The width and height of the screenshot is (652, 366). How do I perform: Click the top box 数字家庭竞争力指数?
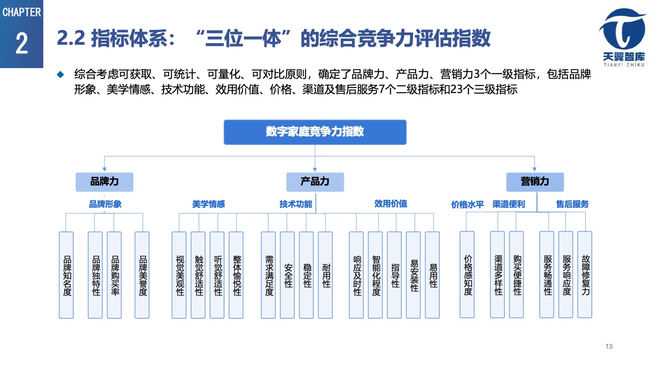click(x=315, y=132)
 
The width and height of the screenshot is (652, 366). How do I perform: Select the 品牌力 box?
click(x=104, y=182)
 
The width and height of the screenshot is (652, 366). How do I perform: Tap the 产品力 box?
click(x=315, y=182)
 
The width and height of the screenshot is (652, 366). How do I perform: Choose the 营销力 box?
click(x=535, y=182)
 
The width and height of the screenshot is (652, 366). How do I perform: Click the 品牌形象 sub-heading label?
click(x=105, y=204)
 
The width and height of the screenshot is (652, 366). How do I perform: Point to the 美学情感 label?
click(x=208, y=204)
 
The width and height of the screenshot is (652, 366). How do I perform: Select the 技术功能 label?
click(x=296, y=204)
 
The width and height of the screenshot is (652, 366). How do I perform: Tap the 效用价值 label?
click(x=391, y=204)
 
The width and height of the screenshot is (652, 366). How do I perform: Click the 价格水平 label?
click(x=468, y=204)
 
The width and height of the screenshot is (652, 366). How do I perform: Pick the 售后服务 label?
click(x=572, y=204)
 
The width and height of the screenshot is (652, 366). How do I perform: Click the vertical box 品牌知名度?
click(x=66, y=275)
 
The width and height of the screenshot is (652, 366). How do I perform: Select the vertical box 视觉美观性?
click(x=179, y=275)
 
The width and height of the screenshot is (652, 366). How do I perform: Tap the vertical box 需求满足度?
click(x=268, y=275)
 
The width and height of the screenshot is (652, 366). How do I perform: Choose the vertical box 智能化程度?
click(x=375, y=275)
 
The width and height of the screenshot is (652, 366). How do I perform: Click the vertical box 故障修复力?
click(x=585, y=275)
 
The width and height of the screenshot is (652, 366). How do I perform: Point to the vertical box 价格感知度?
click(x=467, y=275)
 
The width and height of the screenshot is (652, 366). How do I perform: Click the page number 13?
click(x=609, y=346)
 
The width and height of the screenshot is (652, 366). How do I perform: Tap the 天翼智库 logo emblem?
click(x=623, y=29)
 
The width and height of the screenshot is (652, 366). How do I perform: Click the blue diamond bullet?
click(x=60, y=74)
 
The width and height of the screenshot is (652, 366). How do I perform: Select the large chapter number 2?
click(x=22, y=44)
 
